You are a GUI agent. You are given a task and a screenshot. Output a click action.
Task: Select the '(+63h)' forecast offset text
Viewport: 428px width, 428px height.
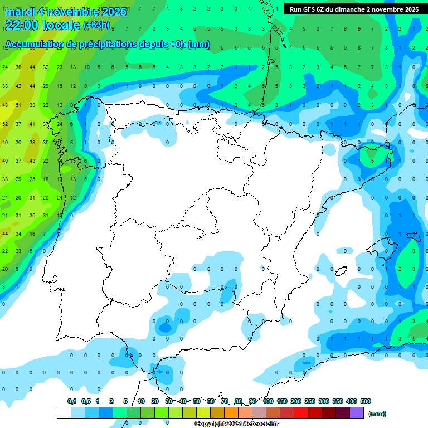click(96, 25)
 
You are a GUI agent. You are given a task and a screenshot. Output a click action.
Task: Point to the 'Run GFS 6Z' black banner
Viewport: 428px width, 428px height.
click(354, 9)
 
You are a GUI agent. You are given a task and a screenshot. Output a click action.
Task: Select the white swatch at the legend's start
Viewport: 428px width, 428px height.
click(64, 413)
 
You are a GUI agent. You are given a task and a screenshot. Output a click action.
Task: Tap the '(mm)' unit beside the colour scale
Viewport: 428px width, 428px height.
click(377, 414)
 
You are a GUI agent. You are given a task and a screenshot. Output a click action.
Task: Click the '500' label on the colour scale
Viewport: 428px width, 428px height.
click(366, 402)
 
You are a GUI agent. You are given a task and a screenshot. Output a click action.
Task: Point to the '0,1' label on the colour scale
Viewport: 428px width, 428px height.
click(72, 402)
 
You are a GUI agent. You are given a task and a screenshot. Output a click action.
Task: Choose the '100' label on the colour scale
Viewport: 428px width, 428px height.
click(268, 402)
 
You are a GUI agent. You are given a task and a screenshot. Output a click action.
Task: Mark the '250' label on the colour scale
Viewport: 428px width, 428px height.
click(310, 402)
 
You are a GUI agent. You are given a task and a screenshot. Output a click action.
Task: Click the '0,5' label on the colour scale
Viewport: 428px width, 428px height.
click(86, 402)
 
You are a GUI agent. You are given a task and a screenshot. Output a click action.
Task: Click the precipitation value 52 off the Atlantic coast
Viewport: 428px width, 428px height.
click(5, 124)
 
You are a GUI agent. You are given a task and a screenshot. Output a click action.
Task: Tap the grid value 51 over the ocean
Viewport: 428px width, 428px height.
click(18, 105)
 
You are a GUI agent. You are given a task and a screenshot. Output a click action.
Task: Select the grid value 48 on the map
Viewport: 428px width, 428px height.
click(5, 105)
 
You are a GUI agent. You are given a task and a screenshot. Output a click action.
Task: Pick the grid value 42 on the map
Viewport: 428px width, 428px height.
click(18, 86)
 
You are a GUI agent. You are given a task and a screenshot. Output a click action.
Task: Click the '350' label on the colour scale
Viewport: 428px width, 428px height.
click(338, 402)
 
